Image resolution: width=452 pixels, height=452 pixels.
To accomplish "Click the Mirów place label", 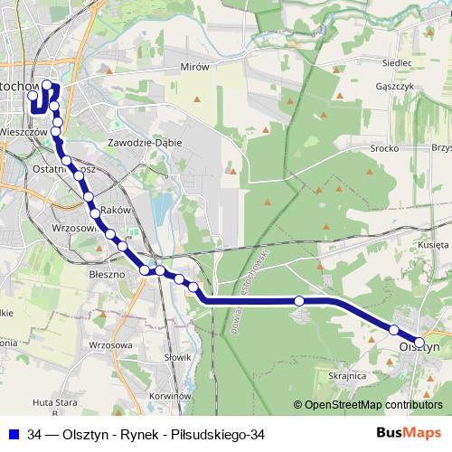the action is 194,67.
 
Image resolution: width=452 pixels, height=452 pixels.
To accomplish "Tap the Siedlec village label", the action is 397,63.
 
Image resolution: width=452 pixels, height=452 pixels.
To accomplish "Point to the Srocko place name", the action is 385,147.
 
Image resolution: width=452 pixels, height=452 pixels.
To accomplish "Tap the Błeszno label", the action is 107,271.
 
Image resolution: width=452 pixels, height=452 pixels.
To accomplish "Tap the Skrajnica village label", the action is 347,375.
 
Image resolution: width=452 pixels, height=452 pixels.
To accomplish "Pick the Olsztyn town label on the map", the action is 419,345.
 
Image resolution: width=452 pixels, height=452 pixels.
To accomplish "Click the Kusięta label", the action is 434,245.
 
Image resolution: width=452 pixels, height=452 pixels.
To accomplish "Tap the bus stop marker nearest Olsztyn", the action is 394,329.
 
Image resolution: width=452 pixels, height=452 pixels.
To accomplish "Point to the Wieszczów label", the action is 24,131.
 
